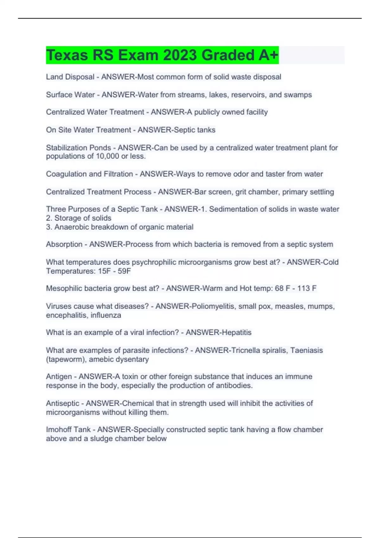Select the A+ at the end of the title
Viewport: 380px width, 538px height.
click(269, 55)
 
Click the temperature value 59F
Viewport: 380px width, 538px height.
click(124, 271)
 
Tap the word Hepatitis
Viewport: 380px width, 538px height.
click(236, 332)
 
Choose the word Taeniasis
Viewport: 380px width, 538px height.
click(306, 350)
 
